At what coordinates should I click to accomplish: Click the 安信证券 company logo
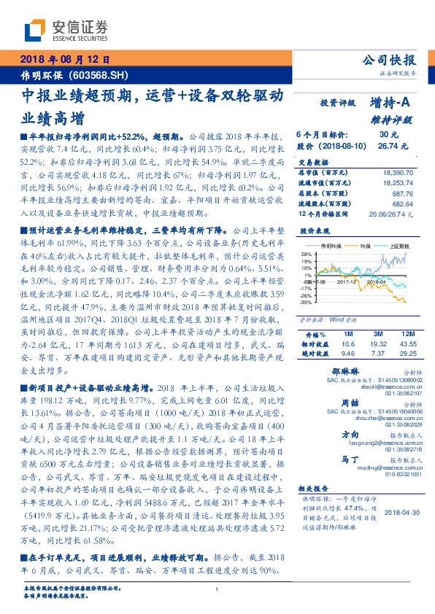pyautogui.click(x=66, y=31)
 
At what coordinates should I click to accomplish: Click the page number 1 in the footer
pyautogui.click(x=217, y=590)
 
